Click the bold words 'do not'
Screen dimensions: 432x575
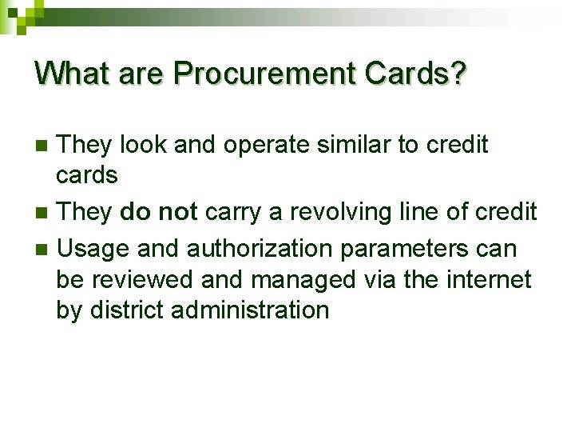pos(159,213)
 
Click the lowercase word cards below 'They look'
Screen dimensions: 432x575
pos(87,175)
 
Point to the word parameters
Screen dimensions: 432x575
pos(406,249)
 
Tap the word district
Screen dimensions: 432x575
pos(127,310)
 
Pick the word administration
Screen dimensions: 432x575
pos(249,310)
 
